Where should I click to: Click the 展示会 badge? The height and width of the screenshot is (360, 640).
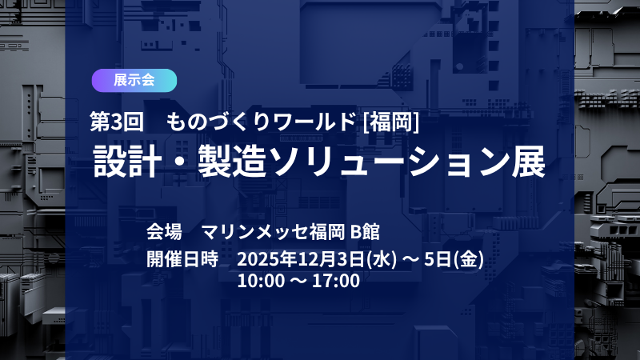[134, 80]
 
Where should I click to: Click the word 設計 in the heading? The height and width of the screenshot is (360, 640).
[120, 162]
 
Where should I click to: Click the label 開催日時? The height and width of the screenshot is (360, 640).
[182, 258]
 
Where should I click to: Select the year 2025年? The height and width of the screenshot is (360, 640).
[262, 258]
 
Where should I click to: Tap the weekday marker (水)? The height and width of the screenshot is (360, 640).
[382, 258]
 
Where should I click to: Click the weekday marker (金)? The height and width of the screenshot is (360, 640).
[469, 258]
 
